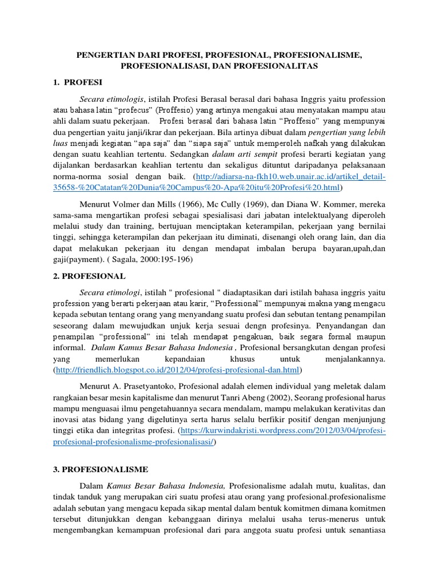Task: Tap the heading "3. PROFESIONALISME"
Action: (100, 470)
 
